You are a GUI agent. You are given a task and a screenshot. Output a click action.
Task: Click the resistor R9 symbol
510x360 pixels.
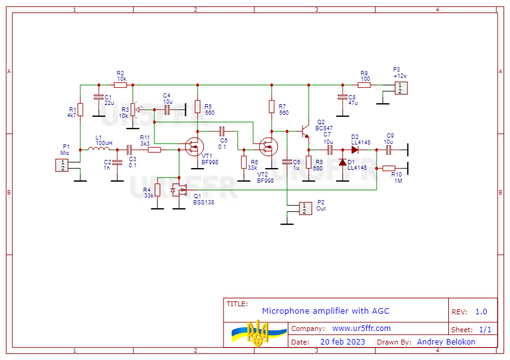point(365,85)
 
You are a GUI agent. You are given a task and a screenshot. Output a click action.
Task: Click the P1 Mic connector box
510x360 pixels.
point(62,165)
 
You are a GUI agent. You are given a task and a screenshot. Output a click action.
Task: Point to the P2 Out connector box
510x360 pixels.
point(304,208)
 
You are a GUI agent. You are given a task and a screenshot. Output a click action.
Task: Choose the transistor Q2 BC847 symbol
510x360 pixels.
point(304,132)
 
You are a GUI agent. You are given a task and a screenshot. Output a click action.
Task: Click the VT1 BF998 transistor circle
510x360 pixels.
point(195,146)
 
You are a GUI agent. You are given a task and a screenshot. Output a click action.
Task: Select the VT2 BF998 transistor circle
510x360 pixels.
point(269,146)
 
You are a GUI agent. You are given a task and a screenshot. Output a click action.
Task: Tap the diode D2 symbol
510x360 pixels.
point(355,149)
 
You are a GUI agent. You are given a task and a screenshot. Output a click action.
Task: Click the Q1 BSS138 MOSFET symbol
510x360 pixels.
point(178,190)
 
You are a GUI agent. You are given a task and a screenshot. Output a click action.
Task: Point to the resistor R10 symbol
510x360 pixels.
point(389,168)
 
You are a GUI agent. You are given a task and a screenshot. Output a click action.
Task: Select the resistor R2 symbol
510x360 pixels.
point(120,85)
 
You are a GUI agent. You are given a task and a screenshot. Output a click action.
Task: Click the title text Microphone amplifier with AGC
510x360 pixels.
point(325,311)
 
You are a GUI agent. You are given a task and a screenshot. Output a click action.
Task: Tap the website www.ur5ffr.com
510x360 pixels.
point(361,329)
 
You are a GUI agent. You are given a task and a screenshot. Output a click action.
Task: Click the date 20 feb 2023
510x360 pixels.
point(343,341)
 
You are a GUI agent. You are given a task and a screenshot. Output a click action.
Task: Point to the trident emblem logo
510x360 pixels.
point(257,332)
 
